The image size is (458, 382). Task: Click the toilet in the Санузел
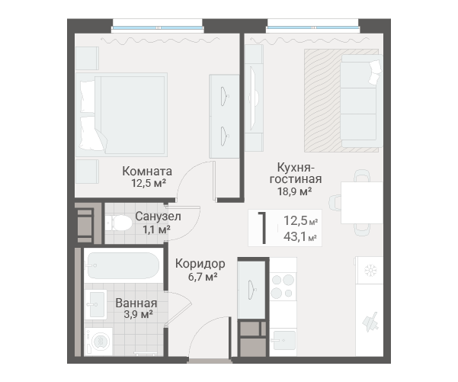(119, 223)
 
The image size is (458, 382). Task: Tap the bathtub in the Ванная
(123, 265)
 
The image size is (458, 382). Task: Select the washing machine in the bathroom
(99, 342)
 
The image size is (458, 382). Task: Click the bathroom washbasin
(96, 304)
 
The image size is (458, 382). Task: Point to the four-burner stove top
(283, 286)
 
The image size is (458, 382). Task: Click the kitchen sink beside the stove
(283, 341)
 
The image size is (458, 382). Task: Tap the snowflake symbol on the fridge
(370, 271)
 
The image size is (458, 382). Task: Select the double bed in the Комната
(121, 114)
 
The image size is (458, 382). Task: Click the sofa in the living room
(362, 101)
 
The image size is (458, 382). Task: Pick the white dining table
(362, 203)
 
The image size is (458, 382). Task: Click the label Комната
(147, 172)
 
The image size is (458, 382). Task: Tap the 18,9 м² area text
(294, 191)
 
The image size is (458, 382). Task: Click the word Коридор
(200, 264)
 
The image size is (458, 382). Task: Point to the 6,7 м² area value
(203, 277)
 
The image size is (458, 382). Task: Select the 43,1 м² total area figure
(300, 237)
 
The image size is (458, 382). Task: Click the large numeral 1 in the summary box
(263, 228)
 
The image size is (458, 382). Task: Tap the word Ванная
(136, 303)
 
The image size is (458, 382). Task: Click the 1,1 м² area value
(156, 230)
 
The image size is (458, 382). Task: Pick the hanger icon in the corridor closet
(251, 290)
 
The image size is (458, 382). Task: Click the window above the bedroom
(158, 27)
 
